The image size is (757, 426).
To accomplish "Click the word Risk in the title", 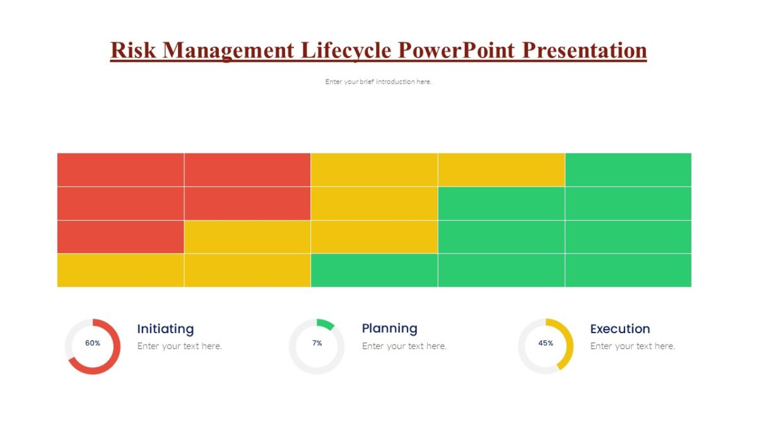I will tap(133, 50).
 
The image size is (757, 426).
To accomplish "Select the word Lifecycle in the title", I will tap(347, 50).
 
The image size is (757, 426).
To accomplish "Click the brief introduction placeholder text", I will tap(378, 81).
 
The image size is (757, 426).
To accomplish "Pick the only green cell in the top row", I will tap(628, 169).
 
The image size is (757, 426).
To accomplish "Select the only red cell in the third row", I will tap(120, 237).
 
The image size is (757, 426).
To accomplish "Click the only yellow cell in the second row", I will tap(374, 203).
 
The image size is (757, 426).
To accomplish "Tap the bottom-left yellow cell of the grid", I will tap(120, 270).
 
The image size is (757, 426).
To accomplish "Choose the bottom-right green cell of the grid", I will tap(628, 270).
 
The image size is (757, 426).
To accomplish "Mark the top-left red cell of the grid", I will tap(120, 169).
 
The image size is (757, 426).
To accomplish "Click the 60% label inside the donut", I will tap(93, 343).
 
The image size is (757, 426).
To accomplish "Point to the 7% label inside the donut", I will tap(317, 343).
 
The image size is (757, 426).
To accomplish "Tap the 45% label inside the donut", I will tap(546, 343).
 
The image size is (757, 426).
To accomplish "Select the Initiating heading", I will tap(165, 329).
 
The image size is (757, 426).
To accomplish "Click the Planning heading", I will tap(389, 328).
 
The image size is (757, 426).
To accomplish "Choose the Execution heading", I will tap(619, 329).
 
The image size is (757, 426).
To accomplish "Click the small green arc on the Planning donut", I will tap(326, 324).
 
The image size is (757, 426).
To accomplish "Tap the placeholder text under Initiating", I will tap(179, 346).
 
